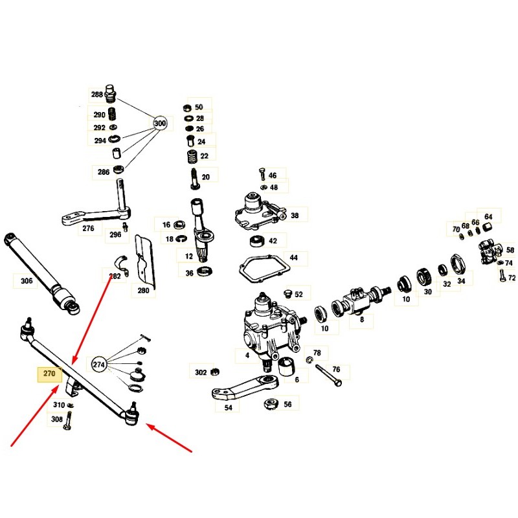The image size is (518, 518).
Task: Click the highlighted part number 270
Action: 49,374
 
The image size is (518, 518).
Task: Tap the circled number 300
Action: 160,123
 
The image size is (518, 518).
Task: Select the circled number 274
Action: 98,365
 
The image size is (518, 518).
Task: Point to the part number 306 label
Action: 27,281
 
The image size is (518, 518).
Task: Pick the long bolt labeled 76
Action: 329,376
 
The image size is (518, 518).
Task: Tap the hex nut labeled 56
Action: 271,403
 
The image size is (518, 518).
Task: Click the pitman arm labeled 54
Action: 245,387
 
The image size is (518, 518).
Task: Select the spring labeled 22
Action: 192,156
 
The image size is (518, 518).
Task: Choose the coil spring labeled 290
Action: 113,115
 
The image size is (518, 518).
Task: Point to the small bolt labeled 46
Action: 263,174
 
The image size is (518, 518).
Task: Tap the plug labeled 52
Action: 287,293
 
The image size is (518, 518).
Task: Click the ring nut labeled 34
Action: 458,264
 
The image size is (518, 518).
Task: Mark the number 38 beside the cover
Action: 295,216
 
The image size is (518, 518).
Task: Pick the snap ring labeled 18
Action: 181,238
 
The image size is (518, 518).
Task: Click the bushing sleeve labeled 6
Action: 286,366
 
